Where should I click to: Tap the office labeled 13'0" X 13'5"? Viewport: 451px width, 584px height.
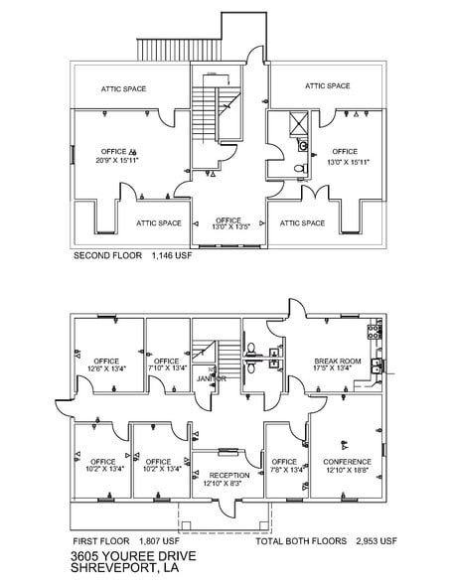228,222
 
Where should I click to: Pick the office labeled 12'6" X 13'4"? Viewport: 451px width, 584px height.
107,365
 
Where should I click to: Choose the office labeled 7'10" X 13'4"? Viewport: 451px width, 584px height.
167,365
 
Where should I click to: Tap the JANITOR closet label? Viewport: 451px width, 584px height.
211,379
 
